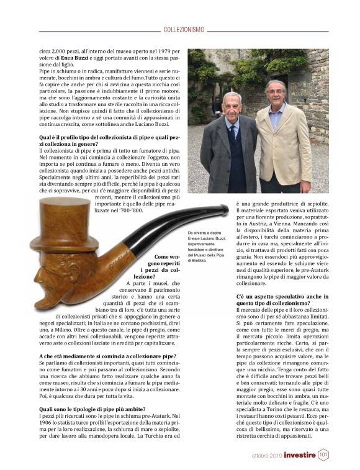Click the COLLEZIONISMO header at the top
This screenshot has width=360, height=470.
coord(184,29)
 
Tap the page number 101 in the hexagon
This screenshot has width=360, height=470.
coord(323,455)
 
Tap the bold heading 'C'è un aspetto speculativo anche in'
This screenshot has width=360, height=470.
coord(283,298)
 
